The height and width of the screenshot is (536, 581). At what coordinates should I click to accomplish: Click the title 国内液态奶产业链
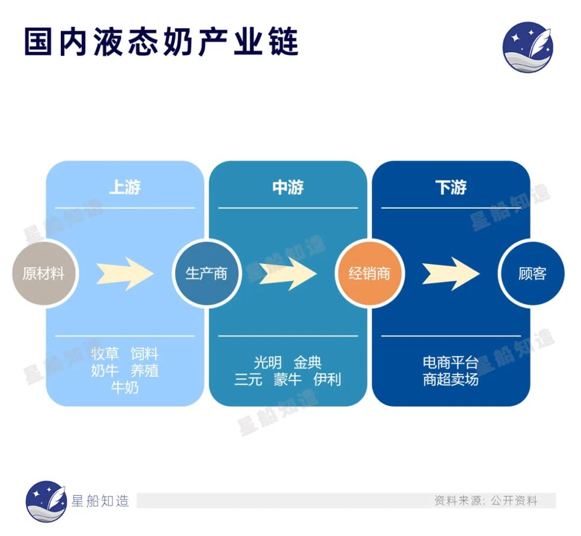tap(161, 42)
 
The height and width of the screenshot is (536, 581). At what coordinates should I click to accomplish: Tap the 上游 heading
tap(125, 188)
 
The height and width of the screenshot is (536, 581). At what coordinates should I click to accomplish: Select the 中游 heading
tap(288, 188)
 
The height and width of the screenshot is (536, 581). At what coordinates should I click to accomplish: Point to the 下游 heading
tap(451, 188)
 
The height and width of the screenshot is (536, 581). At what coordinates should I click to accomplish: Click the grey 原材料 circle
tap(44, 273)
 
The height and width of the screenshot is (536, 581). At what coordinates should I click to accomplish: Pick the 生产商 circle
tap(206, 273)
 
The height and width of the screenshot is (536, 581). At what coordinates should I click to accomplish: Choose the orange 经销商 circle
tap(369, 273)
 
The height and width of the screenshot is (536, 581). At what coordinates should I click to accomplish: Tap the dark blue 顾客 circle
tap(532, 273)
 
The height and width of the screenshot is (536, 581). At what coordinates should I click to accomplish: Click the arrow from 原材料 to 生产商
tap(125, 273)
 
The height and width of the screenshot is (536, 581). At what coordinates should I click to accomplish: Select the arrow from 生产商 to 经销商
tap(288, 273)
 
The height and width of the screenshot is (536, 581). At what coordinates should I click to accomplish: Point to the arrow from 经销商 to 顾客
tap(451, 273)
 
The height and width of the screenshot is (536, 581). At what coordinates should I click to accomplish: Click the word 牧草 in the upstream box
tap(104, 354)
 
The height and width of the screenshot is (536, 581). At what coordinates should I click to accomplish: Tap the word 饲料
tap(145, 354)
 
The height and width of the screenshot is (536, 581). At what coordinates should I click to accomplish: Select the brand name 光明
tap(267, 363)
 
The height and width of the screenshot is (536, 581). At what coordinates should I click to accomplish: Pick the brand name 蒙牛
tap(288, 379)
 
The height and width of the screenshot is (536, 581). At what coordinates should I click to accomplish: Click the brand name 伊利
tap(327, 379)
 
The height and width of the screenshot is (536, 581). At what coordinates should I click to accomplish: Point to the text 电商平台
tap(451, 363)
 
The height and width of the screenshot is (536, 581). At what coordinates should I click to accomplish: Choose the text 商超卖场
tap(451, 379)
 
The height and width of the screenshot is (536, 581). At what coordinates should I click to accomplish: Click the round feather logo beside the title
tap(528, 47)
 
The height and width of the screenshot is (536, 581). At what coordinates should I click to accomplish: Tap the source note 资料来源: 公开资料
tap(486, 501)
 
